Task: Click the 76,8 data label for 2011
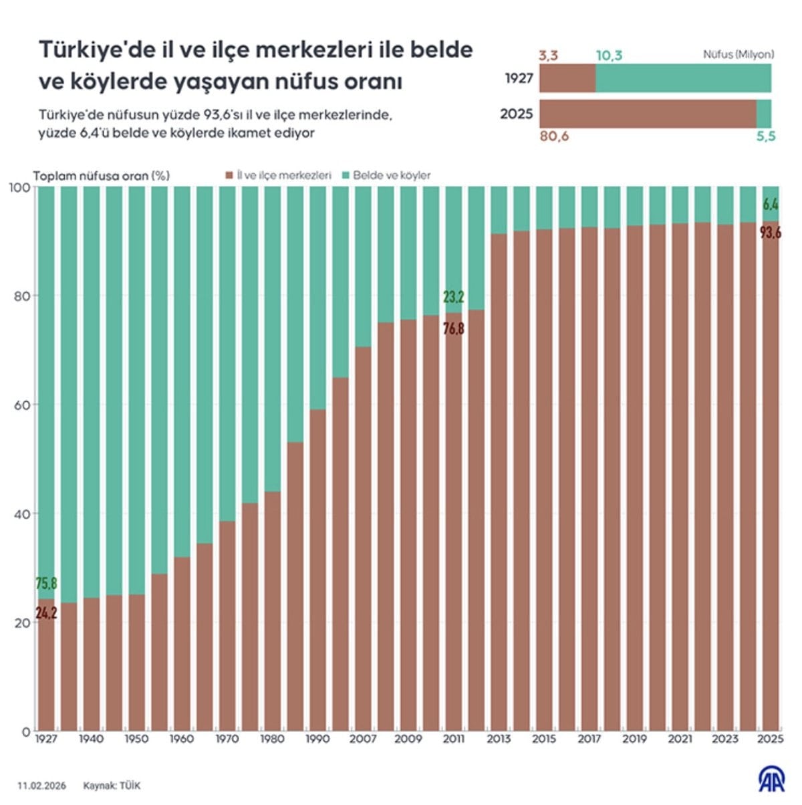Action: [453, 328]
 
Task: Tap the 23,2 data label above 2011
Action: [453, 297]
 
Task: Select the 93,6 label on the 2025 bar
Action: [770, 233]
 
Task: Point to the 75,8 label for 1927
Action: [46, 584]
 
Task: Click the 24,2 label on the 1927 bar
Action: [46, 612]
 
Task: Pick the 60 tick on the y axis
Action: [21, 405]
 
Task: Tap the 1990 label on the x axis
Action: [317, 739]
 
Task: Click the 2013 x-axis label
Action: [499, 739]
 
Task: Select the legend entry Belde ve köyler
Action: [392, 176]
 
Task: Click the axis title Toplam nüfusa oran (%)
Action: [102, 176]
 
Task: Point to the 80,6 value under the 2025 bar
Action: [553, 137]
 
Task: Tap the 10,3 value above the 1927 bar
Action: [609, 55]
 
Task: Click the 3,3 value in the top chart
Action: [548, 55]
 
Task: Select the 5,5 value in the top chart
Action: [766, 137]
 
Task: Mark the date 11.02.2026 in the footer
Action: [42, 786]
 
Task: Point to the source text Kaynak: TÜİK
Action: [112, 786]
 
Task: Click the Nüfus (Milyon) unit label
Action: [739, 55]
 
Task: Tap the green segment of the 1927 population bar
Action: [683, 78]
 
